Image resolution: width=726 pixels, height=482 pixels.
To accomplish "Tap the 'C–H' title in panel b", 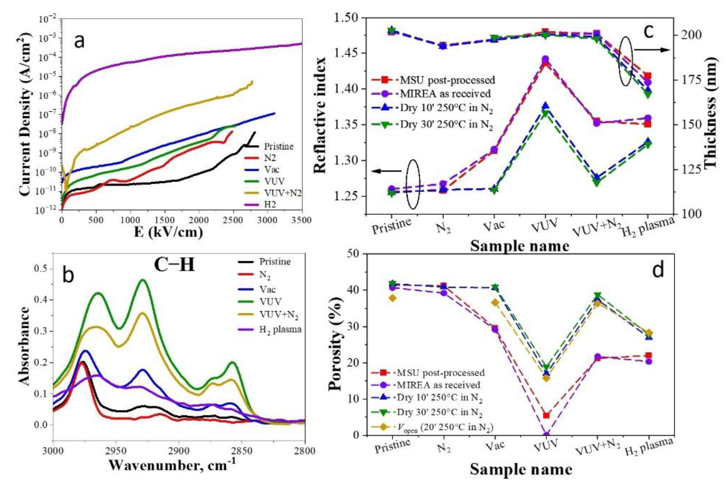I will pos(174,264).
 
